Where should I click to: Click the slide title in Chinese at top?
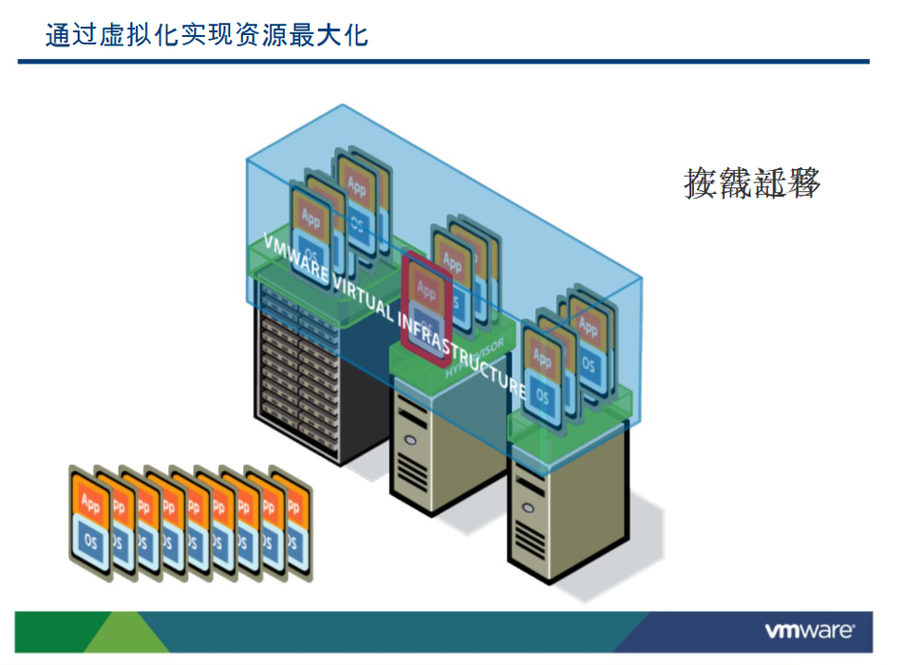(207, 36)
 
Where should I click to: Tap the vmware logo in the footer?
(809, 631)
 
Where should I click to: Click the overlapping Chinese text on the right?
(752, 182)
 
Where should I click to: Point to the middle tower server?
(423, 446)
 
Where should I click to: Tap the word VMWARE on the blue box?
(291, 260)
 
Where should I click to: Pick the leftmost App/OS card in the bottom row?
(90, 518)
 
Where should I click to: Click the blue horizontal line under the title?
(443, 62)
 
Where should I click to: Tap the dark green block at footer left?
(47, 632)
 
